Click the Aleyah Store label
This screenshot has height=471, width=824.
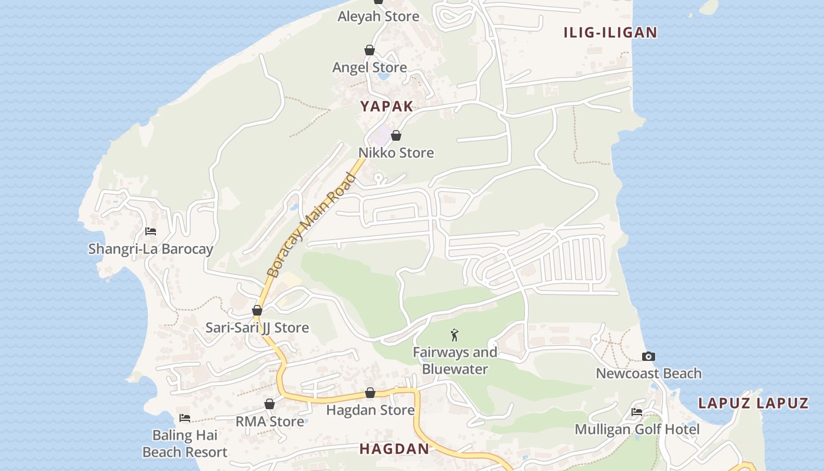[x=378, y=16]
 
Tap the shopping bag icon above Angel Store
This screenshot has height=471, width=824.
[x=370, y=51]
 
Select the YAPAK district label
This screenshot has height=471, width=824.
[x=387, y=107]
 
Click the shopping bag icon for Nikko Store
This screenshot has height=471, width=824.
[x=396, y=136]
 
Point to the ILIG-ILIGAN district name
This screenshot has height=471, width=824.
[x=610, y=33]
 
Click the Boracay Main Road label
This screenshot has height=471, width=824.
[x=311, y=225]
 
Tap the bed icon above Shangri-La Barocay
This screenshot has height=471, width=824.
[x=151, y=231]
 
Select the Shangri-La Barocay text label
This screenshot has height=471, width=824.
[x=151, y=249]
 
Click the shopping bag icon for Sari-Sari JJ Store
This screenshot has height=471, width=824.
[x=257, y=310]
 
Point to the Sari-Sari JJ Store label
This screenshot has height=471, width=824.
[x=257, y=328]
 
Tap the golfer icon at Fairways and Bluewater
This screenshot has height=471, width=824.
[x=454, y=335]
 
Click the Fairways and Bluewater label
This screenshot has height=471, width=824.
[x=455, y=361]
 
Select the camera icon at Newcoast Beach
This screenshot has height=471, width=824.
[x=649, y=356]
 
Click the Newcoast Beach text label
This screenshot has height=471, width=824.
[x=649, y=374]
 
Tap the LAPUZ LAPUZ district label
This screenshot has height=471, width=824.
[x=753, y=403]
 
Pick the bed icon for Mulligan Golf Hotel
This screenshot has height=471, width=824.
[x=637, y=412]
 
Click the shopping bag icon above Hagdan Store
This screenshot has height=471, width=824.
[x=370, y=393]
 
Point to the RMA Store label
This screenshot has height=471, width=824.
[x=270, y=422]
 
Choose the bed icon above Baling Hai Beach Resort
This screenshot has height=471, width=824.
[x=185, y=418]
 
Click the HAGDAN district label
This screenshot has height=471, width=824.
[x=394, y=449]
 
